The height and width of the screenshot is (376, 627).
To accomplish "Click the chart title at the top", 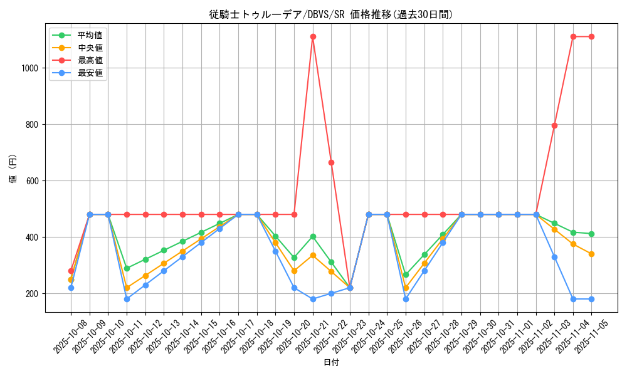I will click(331, 14).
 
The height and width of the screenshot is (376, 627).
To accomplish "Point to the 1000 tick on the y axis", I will click(31, 68).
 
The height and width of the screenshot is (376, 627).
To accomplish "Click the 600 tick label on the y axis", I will click(34, 181).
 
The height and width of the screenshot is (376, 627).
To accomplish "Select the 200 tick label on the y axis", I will click(34, 294).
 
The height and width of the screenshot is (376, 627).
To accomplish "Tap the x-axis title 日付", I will click(331, 363).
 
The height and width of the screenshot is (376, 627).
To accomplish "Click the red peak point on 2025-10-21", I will click(313, 36).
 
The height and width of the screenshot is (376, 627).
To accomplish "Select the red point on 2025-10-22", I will click(331, 162).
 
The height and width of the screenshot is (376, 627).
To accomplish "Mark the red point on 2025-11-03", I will click(554, 125).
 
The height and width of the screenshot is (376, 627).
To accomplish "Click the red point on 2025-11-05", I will click(591, 36).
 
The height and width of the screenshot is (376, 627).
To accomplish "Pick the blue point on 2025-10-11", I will click(127, 299).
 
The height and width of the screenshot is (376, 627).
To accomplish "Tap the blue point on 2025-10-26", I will click(406, 299).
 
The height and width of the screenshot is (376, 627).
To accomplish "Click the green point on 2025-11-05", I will click(591, 234).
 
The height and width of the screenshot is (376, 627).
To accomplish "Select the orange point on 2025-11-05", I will click(591, 254).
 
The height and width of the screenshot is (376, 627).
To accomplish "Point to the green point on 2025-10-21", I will click(313, 236).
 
